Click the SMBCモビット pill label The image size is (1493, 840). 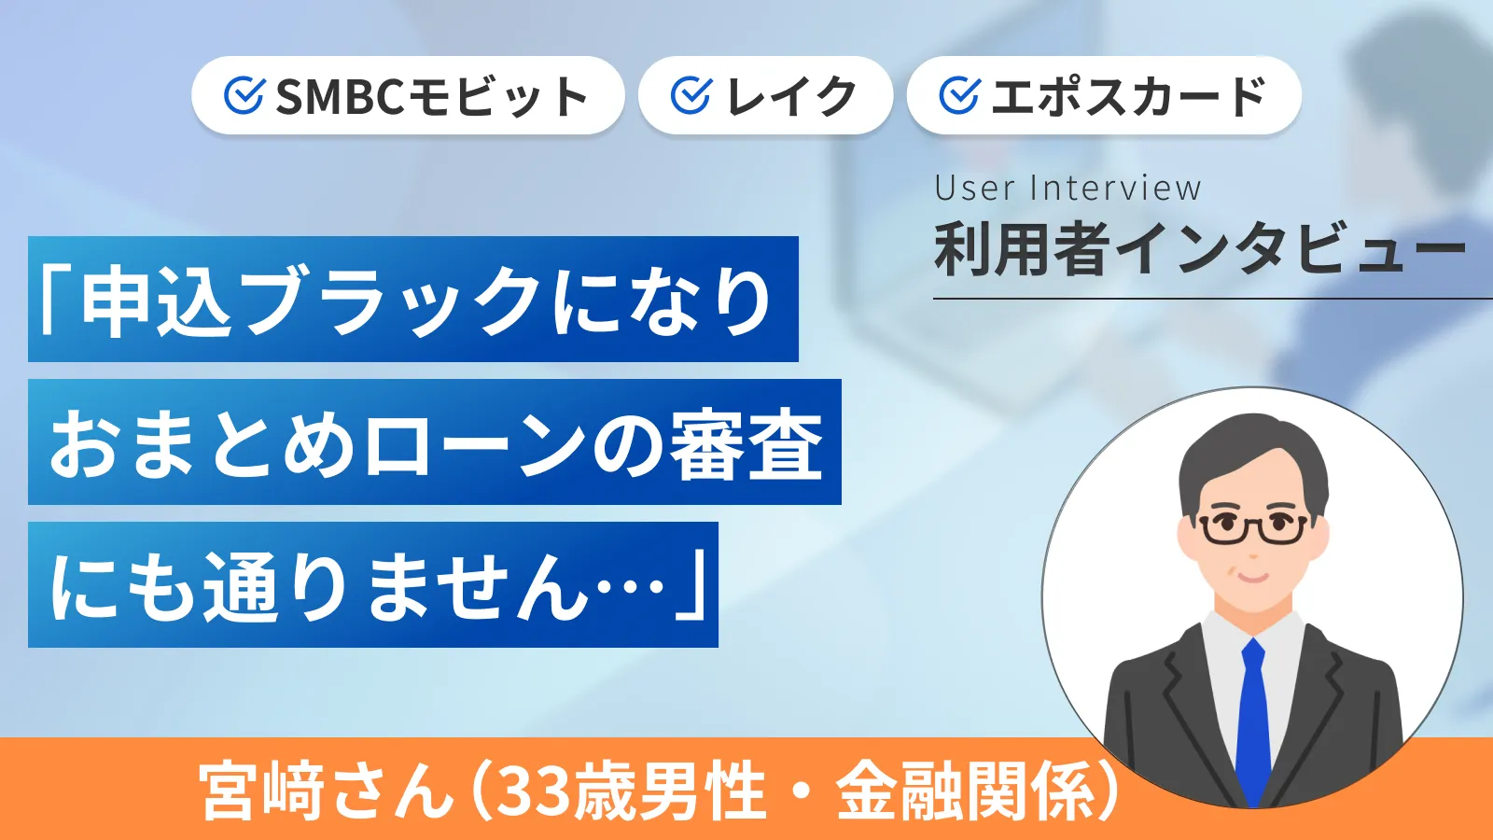point(431,96)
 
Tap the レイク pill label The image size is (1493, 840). point(790,96)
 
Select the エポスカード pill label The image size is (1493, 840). point(1128,96)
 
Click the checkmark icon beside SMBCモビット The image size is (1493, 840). point(244,96)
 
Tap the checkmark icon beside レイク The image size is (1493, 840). point(691,96)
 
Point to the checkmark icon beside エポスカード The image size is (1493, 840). point(959,96)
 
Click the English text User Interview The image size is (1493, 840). point(1067,189)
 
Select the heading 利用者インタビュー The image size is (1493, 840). point(1199,250)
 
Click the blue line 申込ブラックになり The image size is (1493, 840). point(412,300)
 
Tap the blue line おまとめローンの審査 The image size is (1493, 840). point(435,442)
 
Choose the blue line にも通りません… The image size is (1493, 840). point(373,585)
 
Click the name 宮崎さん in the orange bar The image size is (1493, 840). point(327,791)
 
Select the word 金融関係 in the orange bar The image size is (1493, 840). point(965,791)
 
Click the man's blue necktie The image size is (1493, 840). point(1253,719)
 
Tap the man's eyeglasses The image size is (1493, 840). point(1252,528)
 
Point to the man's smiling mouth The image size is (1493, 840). point(1252,576)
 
